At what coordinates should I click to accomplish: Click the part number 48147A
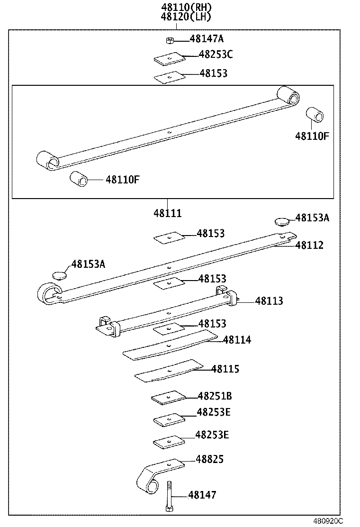[x=207, y=39]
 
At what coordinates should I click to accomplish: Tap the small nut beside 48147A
[x=169, y=40]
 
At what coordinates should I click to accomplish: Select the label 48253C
[x=216, y=55]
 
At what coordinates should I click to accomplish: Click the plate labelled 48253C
[x=169, y=58]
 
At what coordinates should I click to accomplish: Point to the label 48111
[x=167, y=214]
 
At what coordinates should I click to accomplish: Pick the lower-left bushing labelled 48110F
[x=79, y=180]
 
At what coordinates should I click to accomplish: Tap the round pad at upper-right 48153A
[x=282, y=221]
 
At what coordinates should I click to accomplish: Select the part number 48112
[x=309, y=245]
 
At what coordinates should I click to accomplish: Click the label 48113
[x=269, y=301]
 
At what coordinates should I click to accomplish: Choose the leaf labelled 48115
[x=168, y=371]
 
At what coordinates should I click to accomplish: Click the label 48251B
[x=215, y=396]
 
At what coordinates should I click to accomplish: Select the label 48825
[x=210, y=459]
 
